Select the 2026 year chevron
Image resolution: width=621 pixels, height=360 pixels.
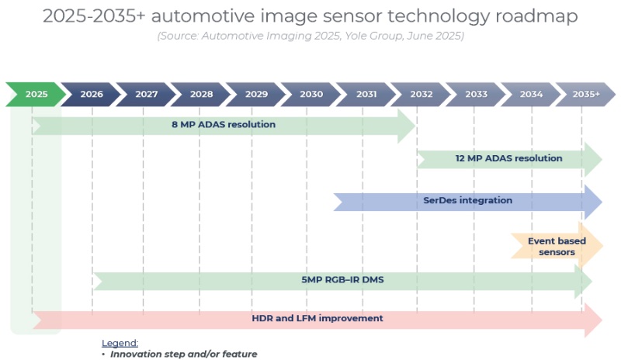[x=92, y=94]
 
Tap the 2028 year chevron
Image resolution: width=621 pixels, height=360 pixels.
[x=201, y=94]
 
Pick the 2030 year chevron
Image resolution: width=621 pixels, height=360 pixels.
[x=311, y=94]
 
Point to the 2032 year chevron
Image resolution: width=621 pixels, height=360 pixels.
[x=422, y=94]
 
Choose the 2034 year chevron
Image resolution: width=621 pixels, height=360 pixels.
[x=532, y=94]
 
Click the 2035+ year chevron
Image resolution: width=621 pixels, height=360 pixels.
[x=585, y=94]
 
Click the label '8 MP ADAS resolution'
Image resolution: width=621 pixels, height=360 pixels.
[x=224, y=124]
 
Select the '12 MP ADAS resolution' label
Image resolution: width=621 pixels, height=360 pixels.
[x=508, y=158]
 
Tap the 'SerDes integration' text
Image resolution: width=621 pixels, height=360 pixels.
[x=467, y=200]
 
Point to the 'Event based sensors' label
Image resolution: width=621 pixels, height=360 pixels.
[x=557, y=247]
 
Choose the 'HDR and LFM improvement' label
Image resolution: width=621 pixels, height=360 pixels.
[x=317, y=318]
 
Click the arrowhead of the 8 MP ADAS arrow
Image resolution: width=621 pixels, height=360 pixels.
[x=407, y=125]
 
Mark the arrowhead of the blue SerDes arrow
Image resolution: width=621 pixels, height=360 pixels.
[x=592, y=202]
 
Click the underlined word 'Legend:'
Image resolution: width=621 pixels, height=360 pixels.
[x=120, y=343]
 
